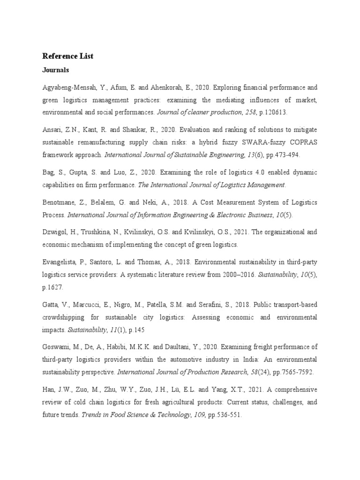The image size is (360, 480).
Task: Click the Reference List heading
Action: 68,56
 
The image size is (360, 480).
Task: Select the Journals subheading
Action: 56,70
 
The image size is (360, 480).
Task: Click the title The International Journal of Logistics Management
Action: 211,184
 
